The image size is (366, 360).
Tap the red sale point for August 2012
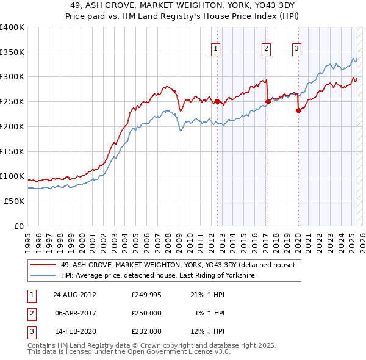217,101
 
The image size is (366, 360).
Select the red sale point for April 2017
267,101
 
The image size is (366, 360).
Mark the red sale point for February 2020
298,110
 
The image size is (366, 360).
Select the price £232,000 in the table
146,331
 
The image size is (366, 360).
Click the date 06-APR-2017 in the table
74,313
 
